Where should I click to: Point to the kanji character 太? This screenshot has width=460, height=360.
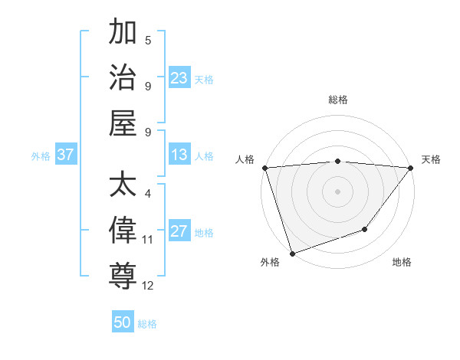[x=123, y=185]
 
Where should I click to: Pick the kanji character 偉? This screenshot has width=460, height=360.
[x=123, y=229]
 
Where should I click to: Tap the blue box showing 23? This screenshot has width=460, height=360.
[x=179, y=78]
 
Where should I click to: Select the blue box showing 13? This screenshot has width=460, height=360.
[x=179, y=155]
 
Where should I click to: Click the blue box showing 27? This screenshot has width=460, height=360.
[x=179, y=232]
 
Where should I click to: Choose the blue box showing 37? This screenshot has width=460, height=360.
[x=66, y=155]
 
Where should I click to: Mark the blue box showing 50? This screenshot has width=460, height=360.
[x=123, y=322]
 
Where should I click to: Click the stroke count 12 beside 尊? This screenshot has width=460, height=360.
[x=148, y=286]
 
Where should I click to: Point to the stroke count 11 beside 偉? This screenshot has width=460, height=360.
[x=148, y=240]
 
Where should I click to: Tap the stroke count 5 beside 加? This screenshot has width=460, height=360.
[x=148, y=41]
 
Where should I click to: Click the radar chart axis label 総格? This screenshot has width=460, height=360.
[x=338, y=100]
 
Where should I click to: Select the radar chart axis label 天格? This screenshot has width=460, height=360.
[x=431, y=159]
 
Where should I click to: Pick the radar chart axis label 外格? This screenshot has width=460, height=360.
[x=270, y=262]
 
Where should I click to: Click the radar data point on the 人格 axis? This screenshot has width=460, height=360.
[x=264, y=168]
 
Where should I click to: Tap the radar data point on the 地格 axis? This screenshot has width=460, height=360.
[x=366, y=229]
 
